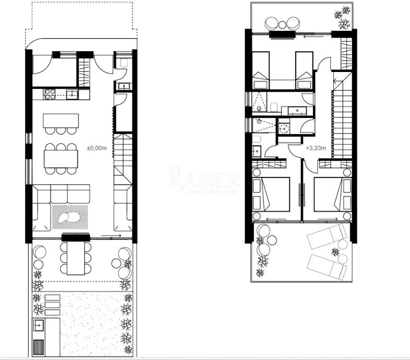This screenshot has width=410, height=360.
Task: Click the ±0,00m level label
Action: pos(97,148)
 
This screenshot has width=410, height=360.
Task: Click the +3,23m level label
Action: pos(316,148)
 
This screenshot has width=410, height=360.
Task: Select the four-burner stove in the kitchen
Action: pos(50,94)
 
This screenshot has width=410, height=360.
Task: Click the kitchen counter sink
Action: pos(72,94)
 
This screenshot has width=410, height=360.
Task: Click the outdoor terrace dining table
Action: pos(76,258)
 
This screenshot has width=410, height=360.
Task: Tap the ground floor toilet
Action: pos(124,63)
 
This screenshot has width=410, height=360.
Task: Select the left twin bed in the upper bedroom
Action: pos(260,70)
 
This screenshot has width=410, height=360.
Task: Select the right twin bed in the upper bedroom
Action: pos(304,70)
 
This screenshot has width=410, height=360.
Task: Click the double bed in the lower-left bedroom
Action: pos(271,195)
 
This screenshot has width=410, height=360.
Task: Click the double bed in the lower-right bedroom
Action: pos(333,195)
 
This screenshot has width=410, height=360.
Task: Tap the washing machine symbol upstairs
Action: pos(283,129)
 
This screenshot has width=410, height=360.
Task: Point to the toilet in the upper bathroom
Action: pos(274,107)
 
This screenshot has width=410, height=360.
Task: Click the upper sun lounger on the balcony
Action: pos(327,236)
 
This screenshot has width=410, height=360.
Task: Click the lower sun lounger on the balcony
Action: pos(327,267)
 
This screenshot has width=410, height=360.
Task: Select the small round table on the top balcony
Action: pos(282,25)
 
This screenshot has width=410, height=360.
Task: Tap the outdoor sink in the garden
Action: pos(39,326)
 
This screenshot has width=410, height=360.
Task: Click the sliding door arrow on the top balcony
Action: pos(313,37)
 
